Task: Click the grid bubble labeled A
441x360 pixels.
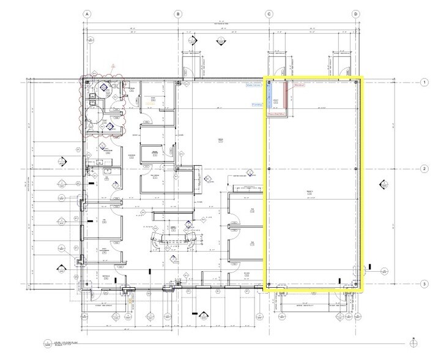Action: click(x=87, y=13)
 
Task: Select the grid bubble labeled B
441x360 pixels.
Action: click(x=177, y=13)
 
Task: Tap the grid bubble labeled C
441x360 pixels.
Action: click(x=268, y=13)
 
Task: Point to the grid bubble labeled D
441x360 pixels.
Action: click(x=355, y=13)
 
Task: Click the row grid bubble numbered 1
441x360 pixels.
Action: click(x=423, y=81)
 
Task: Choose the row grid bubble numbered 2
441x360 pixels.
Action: click(x=423, y=169)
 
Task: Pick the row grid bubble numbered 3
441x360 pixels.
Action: click(x=423, y=283)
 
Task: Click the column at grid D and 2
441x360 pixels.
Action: click(x=356, y=169)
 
